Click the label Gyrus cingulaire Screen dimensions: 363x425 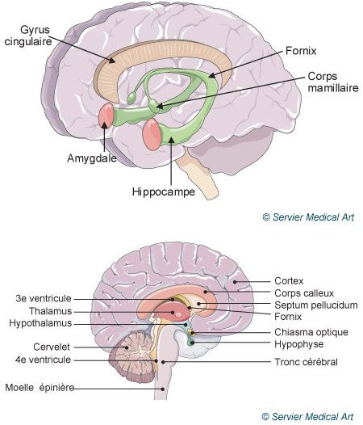coord(28,36)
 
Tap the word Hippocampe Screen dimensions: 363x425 coord(164,191)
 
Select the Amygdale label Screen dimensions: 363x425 coord(92,158)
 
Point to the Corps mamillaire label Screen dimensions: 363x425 coord(333,82)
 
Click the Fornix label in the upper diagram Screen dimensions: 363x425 coord(301,51)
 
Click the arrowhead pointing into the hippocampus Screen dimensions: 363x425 coord(171,140)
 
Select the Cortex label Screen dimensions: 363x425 coord(289,281)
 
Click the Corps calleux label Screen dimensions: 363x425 coord(304,293)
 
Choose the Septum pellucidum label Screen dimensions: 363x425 coord(316,305)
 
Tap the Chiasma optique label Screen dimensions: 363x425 coord(311,332)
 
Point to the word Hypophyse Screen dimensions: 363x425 coord(298,344)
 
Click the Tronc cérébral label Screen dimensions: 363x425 coord(307,362)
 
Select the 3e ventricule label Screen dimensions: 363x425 coord(44,298)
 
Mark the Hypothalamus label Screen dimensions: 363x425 coord(40,323)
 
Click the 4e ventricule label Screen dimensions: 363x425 coord(43,360)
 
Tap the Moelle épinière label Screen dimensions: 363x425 coord(40,387)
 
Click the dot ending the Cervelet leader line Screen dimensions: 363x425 coord(126,347)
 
